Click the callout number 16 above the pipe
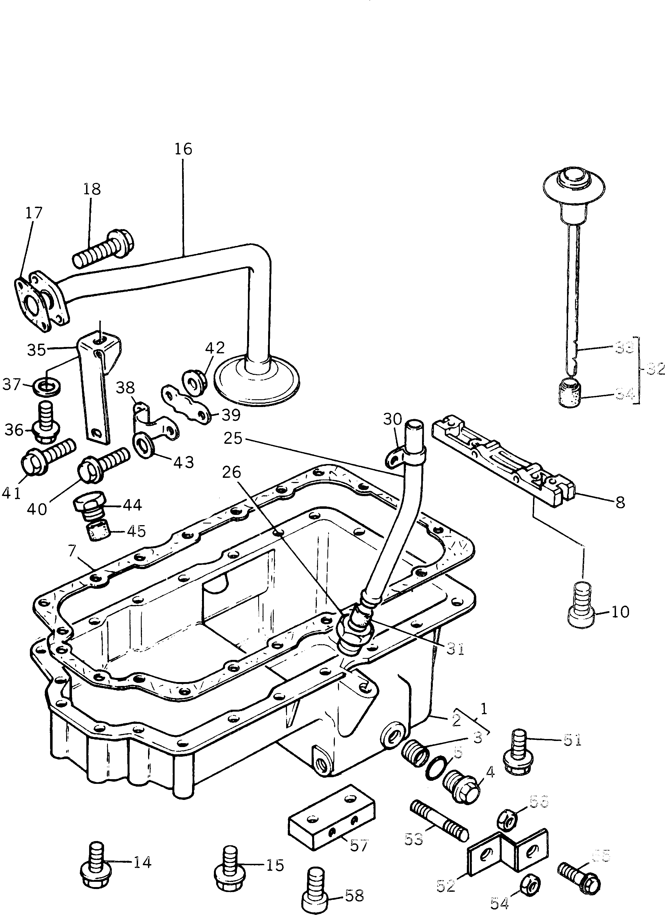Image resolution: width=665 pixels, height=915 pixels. (183, 149)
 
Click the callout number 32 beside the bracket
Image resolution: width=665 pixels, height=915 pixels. (655, 368)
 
